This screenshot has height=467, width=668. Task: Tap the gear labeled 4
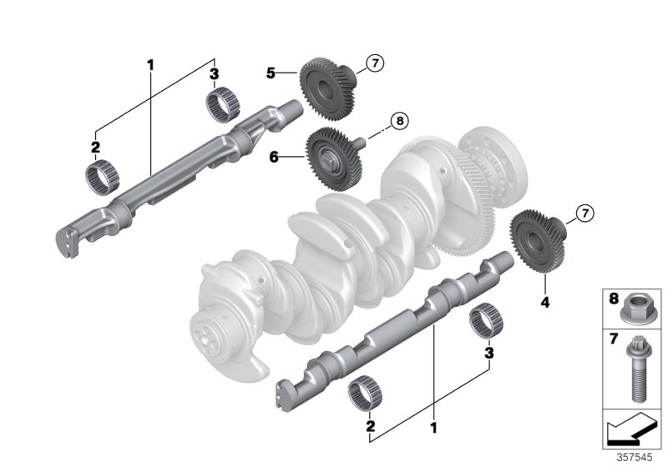pyautogui.click(x=534, y=241)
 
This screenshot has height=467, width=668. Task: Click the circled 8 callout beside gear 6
pyautogui.click(x=399, y=122)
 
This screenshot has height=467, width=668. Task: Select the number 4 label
pyautogui.click(x=545, y=304)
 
